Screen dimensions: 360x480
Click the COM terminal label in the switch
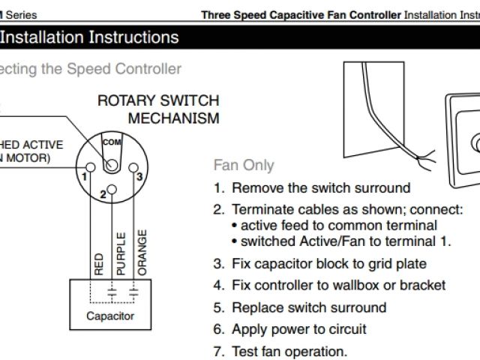(111, 142)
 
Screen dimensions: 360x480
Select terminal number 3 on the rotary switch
(139, 176)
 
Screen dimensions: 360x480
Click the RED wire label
(97, 265)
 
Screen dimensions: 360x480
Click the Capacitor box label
(110, 316)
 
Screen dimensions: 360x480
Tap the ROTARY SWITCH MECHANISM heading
(158, 109)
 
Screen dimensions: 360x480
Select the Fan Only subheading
(244, 165)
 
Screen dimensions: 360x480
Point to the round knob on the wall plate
(475, 142)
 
